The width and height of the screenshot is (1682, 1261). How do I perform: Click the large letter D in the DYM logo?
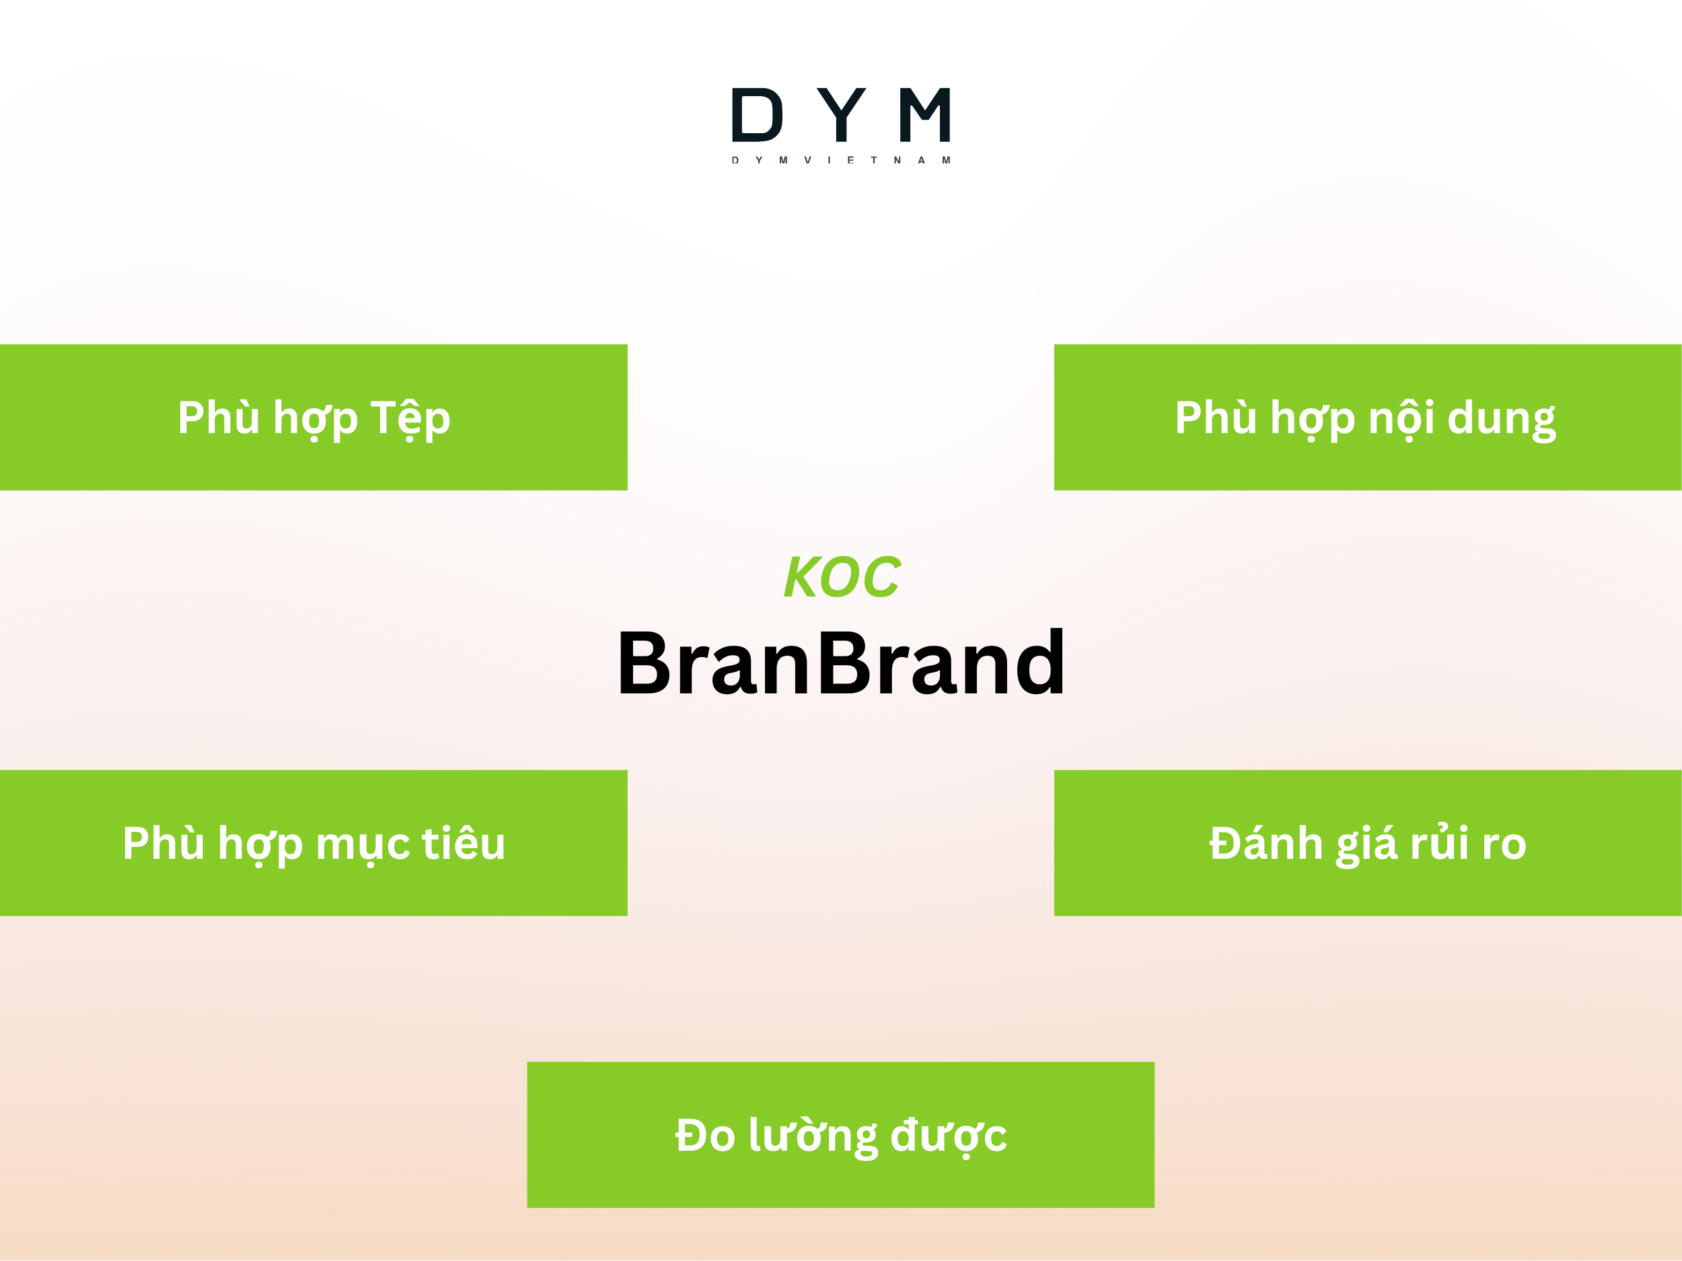(x=756, y=115)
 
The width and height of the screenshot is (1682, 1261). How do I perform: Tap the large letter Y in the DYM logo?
(x=841, y=114)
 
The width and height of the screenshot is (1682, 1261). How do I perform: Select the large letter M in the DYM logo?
(x=924, y=115)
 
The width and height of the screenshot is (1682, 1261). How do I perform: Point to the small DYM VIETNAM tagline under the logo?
(x=841, y=160)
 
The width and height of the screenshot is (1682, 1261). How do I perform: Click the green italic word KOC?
(x=842, y=577)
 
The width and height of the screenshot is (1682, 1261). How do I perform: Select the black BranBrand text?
(x=841, y=663)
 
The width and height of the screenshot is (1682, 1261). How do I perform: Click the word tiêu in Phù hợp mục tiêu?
(x=464, y=844)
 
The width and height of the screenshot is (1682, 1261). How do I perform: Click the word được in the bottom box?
(x=948, y=1136)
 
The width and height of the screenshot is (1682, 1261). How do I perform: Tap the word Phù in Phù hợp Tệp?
(x=219, y=418)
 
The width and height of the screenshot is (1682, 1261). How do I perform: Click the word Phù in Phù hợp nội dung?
(x=1216, y=418)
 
